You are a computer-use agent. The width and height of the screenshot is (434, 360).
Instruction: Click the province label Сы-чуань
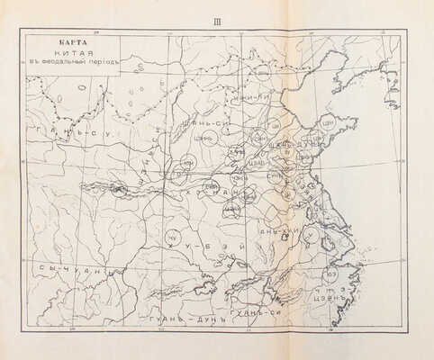tap(72, 269)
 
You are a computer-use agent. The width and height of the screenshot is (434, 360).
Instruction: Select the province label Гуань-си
tap(252, 311)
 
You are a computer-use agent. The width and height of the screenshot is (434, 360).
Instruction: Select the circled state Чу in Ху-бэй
tap(171, 237)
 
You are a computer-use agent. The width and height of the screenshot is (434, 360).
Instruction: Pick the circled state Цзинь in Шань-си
tap(208, 138)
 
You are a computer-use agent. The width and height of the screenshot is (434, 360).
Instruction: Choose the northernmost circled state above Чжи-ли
tap(262, 73)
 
